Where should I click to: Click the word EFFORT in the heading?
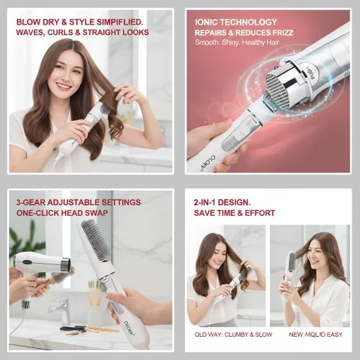point(258,213)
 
